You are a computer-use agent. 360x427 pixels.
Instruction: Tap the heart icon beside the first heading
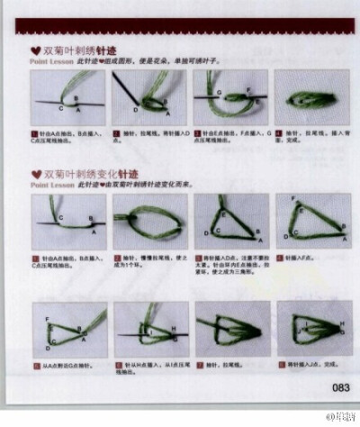[x=35, y=52]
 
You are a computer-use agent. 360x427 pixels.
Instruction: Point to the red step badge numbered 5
[x=35, y=365]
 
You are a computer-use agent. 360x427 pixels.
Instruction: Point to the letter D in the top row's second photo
[x=135, y=110]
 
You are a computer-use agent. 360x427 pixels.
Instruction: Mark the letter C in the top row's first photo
[x=61, y=108]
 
